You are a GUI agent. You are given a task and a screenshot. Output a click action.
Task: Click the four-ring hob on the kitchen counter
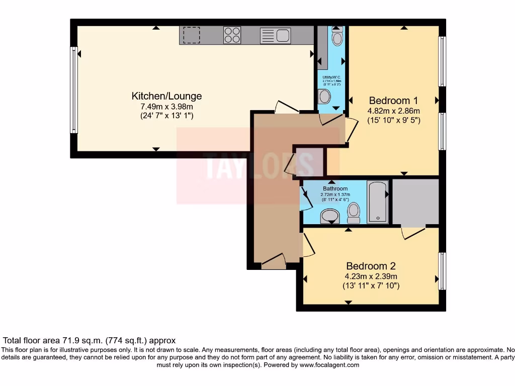tap(232, 35)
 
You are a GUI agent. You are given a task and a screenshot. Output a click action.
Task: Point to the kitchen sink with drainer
tap(275, 35)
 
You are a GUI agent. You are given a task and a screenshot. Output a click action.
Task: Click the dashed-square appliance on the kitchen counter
tap(191, 35)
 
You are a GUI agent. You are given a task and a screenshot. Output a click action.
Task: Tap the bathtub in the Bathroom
tap(377, 202)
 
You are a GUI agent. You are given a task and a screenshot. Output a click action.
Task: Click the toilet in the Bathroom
tap(354, 213)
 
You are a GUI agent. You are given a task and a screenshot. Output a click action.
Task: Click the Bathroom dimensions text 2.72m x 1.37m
tap(335, 194)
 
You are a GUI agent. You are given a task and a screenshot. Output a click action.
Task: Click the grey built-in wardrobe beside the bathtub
tap(415, 201)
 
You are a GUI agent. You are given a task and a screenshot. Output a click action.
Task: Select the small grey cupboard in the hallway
tap(309, 162)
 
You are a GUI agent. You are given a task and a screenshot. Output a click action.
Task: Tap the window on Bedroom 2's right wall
tap(442, 271)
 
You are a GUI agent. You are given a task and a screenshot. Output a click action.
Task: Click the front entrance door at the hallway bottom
tap(273, 262)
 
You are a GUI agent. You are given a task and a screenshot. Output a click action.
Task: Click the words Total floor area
tap(30, 340)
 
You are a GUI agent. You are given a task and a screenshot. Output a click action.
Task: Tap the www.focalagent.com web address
tap(329, 365)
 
